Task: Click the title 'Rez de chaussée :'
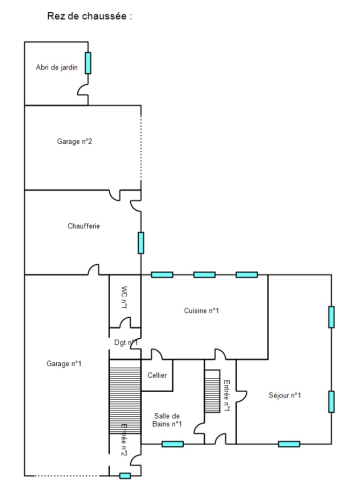(x=90, y=16)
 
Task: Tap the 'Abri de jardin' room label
(x=57, y=67)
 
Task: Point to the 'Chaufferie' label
(x=84, y=226)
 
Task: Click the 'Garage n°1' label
(x=64, y=363)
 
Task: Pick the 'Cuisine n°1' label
(x=202, y=310)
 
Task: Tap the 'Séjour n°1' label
(x=285, y=395)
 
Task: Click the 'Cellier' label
(x=157, y=375)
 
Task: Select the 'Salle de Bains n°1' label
(x=167, y=420)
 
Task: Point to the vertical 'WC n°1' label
(x=124, y=297)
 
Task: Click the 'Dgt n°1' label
(x=126, y=343)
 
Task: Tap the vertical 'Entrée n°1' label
(x=226, y=396)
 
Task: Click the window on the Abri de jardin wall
(x=88, y=63)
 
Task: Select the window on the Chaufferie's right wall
(x=141, y=243)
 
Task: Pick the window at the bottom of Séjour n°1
(x=289, y=444)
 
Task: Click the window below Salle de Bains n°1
(x=172, y=444)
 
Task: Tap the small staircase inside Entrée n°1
(x=212, y=391)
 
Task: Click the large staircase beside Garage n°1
(x=125, y=396)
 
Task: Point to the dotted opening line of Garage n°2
(x=141, y=147)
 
